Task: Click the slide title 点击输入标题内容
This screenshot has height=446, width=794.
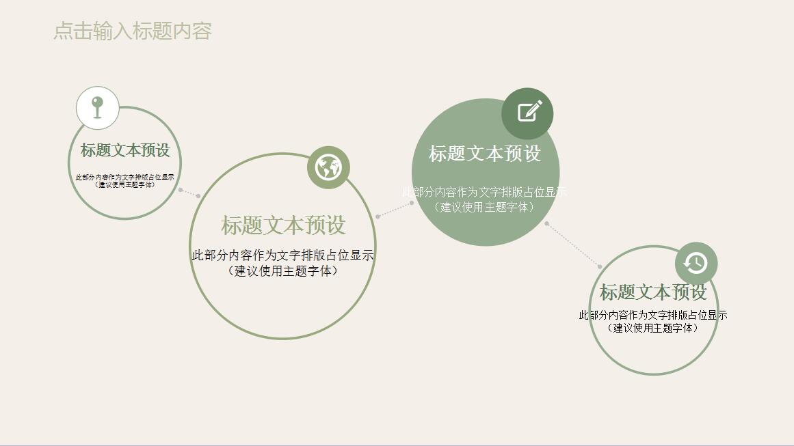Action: click(x=133, y=31)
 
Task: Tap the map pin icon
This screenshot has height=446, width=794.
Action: click(x=98, y=108)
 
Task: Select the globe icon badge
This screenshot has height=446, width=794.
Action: click(x=328, y=167)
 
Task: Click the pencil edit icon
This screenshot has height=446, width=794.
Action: click(x=528, y=112)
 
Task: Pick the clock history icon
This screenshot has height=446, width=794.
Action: click(x=696, y=263)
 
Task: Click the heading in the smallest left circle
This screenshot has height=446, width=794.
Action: click(x=125, y=150)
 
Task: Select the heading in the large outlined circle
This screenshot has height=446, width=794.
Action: click(x=283, y=225)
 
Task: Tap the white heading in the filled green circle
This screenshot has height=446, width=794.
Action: click(x=485, y=154)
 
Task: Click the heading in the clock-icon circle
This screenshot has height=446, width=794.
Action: click(x=653, y=292)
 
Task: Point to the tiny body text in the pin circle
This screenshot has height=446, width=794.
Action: click(x=124, y=181)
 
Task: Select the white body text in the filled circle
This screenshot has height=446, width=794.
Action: click(x=484, y=199)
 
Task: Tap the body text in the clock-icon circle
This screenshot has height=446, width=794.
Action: click(x=653, y=321)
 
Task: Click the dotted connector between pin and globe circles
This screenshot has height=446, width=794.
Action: click(x=189, y=193)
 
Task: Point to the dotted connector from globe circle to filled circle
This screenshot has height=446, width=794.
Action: click(x=395, y=210)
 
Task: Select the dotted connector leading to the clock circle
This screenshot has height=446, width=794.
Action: click(x=573, y=245)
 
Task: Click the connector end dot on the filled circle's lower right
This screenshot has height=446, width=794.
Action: click(x=546, y=223)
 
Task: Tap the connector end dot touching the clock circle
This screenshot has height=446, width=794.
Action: click(x=600, y=266)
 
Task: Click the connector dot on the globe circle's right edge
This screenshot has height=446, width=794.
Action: click(x=378, y=217)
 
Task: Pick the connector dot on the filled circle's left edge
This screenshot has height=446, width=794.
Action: click(x=412, y=202)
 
